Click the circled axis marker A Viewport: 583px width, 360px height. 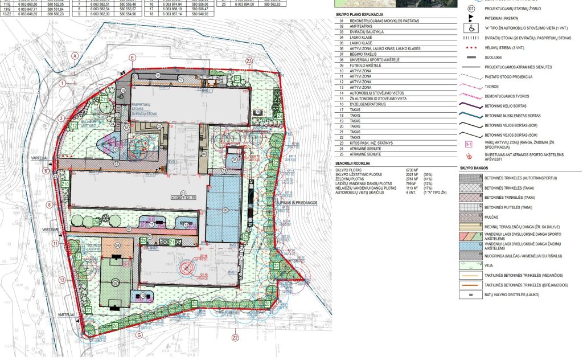[74, 56]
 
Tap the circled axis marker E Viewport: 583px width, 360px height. [132, 58]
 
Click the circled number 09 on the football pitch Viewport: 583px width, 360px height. [116, 283]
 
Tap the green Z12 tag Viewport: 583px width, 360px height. [74, 126]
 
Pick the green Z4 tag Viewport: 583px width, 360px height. [280, 116]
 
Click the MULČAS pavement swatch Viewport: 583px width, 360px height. [470, 216]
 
